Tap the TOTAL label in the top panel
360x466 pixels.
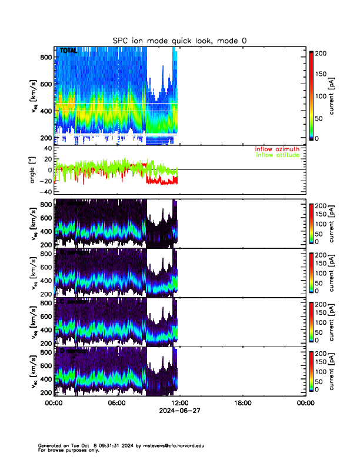coord(68,52)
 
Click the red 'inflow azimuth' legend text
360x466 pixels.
coord(278,149)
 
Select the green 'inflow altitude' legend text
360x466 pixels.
coord(278,155)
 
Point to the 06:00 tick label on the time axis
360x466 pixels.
coord(116,403)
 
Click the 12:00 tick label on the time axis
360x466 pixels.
coord(179,403)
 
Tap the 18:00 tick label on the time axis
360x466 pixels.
coord(242,403)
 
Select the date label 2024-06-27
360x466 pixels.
coord(179,411)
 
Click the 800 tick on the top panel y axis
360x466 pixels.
coord(45,57)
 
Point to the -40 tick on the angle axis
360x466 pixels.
coord(44,192)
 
